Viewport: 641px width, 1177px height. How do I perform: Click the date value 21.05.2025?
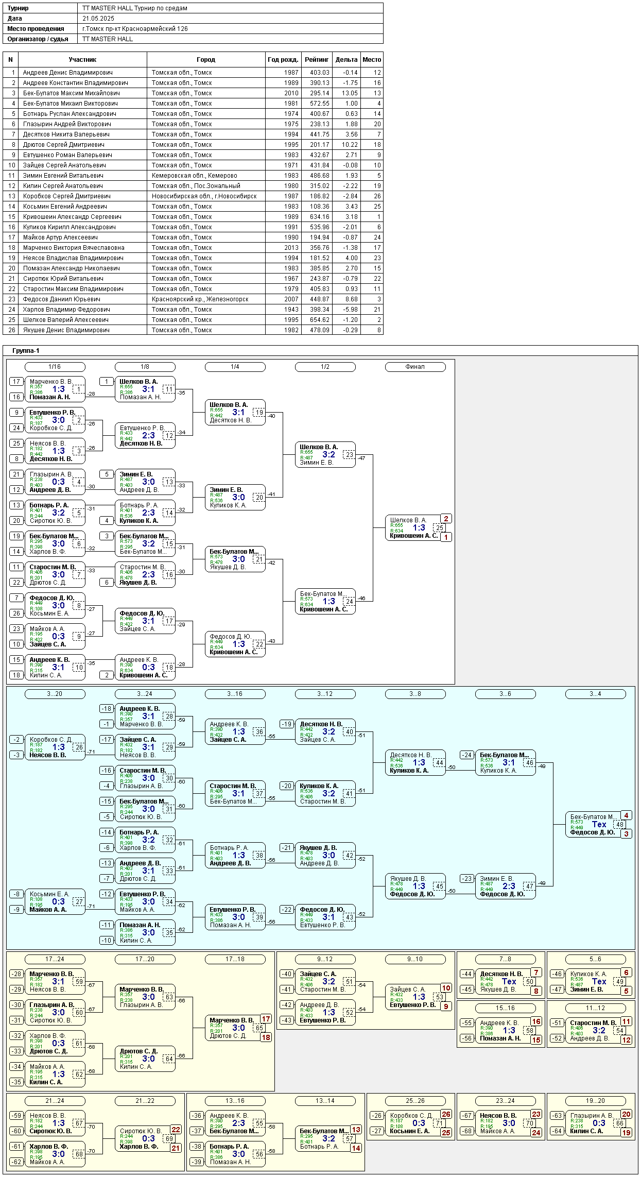tap(98, 19)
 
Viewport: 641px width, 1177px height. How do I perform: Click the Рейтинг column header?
tap(317, 60)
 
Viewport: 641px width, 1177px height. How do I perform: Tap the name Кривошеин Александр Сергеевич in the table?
tap(72, 217)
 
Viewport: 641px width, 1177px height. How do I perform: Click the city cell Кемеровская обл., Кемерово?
tap(194, 176)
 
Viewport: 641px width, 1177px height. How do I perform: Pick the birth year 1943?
tap(291, 310)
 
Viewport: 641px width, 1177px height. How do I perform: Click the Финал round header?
tap(415, 367)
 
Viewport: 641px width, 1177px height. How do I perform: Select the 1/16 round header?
tap(55, 367)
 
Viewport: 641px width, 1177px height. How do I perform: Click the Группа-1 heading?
tap(26, 351)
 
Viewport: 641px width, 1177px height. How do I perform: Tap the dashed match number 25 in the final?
tap(440, 527)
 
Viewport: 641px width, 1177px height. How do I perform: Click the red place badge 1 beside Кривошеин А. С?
tap(446, 537)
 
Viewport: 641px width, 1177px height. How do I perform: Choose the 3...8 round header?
tap(415, 694)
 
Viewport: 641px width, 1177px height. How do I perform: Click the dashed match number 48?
tap(620, 824)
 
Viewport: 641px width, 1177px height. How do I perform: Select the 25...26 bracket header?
tap(415, 1101)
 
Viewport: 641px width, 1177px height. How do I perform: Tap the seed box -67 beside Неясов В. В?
tap(467, 1116)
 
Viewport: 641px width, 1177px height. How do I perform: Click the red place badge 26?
tap(446, 1114)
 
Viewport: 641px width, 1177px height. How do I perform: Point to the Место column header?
tap(372, 60)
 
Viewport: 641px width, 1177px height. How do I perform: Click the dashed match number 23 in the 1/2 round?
tap(350, 455)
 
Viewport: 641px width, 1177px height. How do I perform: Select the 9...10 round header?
tap(415, 959)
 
